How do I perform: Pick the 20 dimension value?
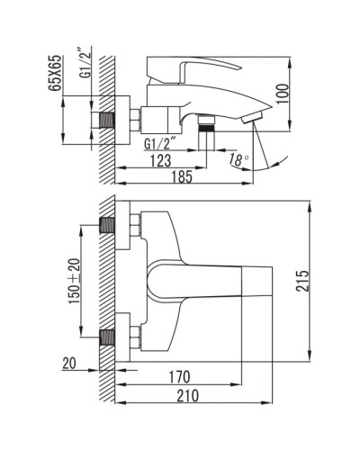pyautogui.click(x=70, y=364)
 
